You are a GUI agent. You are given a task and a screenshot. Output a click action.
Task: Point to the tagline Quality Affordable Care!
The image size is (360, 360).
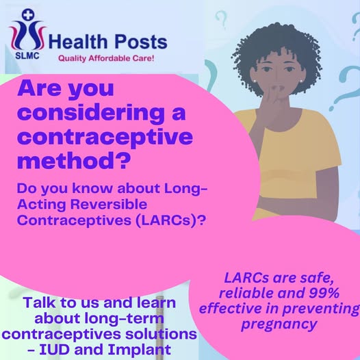pyautogui.click(x=105, y=59)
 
